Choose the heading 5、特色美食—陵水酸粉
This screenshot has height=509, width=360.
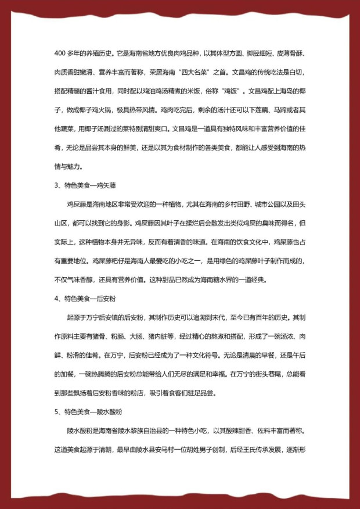88,413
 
